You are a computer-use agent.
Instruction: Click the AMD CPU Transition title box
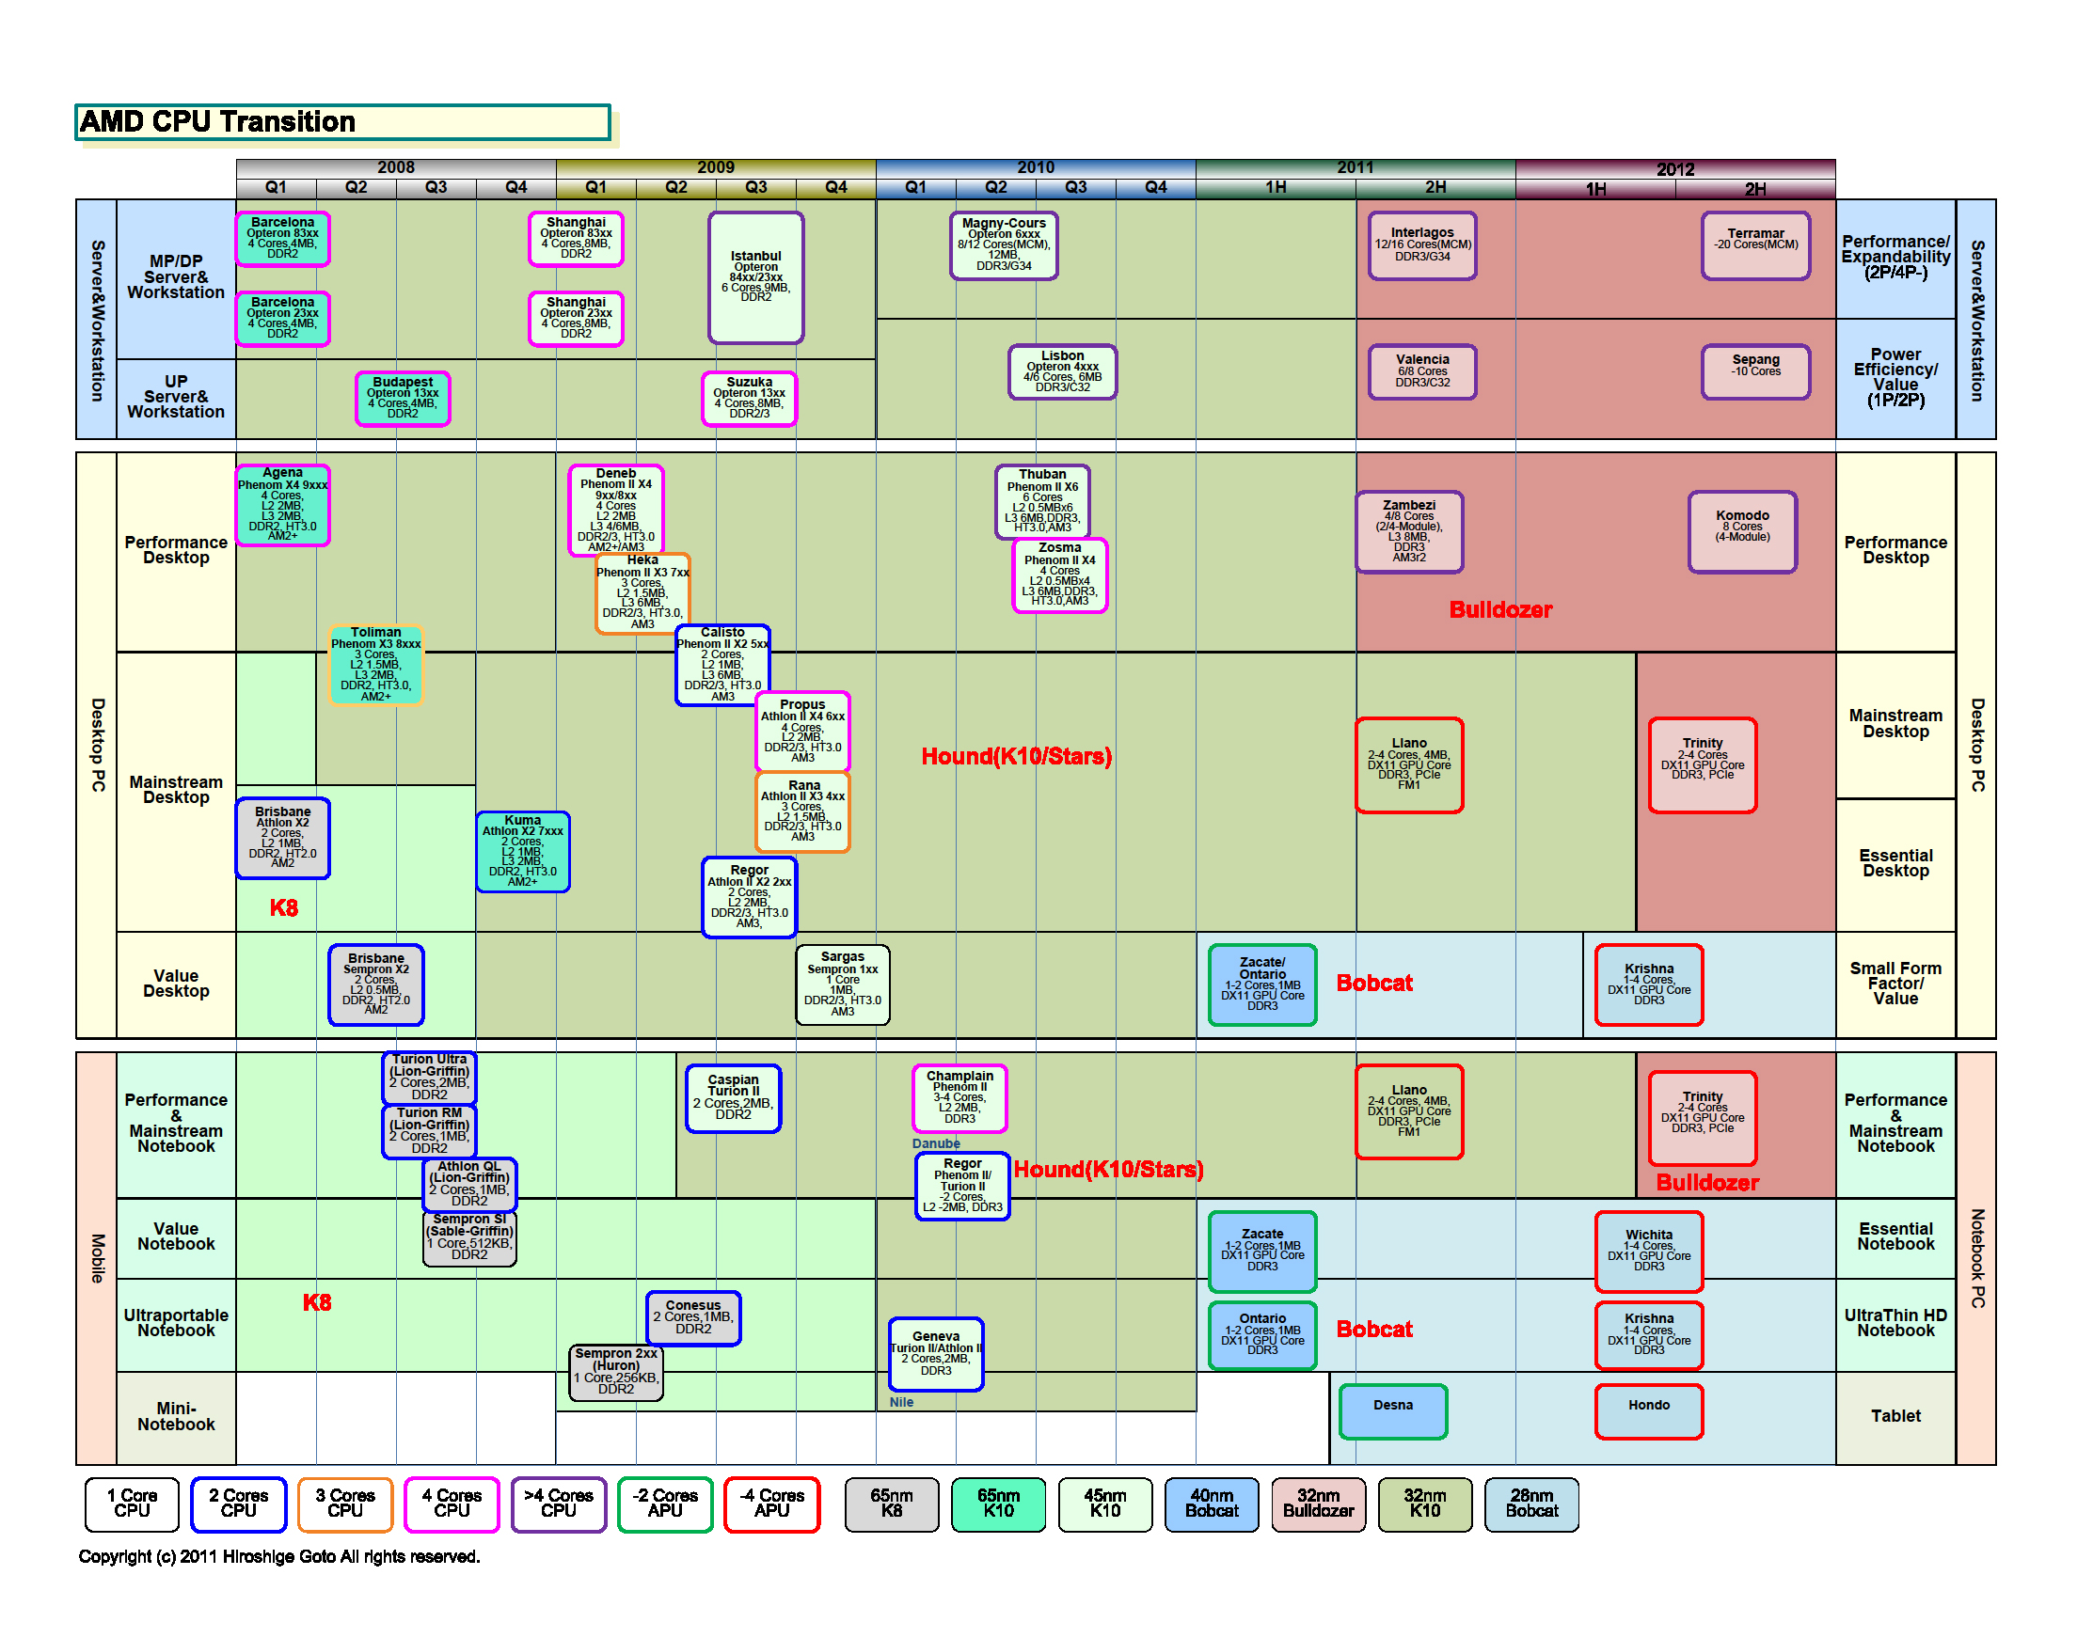[342, 122]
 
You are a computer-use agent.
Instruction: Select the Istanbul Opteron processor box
[756, 277]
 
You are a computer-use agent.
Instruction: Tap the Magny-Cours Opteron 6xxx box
[1004, 245]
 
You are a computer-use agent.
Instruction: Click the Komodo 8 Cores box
[1742, 531]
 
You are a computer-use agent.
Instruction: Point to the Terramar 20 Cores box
[1755, 245]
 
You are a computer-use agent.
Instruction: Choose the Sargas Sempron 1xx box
[842, 984]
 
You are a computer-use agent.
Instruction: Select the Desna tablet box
[1393, 1410]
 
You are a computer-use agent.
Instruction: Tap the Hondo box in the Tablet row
[1649, 1410]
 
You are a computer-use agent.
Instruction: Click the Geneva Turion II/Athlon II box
[935, 1353]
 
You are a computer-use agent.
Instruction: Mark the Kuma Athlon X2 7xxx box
[523, 852]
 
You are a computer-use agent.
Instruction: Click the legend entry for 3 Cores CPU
[345, 1504]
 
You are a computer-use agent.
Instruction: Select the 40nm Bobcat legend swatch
[1212, 1504]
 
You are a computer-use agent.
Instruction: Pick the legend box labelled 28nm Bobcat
[1530, 1504]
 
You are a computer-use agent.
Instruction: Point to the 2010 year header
[1035, 167]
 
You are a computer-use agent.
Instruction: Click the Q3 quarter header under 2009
[756, 188]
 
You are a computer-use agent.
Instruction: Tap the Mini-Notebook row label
[176, 1416]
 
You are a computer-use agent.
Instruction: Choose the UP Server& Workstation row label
[176, 396]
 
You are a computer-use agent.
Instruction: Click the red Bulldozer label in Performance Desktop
[1500, 610]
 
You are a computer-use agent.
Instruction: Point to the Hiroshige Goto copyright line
[279, 1556]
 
